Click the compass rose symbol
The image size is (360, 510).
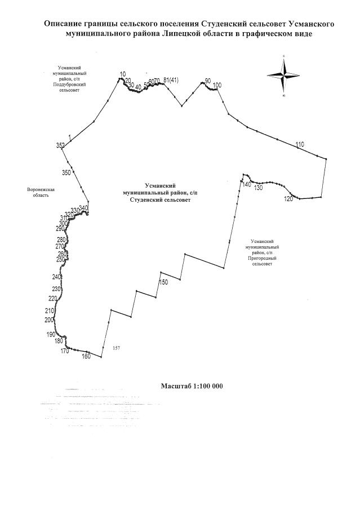[285, 76]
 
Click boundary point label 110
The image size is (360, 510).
[300, 145]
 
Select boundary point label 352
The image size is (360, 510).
[60, 145]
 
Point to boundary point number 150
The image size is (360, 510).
[164, 282]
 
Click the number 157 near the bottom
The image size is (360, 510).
[117, 348]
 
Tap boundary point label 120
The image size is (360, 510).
[288, 199]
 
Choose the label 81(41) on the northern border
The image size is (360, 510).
[171, 80]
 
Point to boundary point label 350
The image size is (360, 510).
[66, 172]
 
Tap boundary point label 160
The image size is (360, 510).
[86, 356]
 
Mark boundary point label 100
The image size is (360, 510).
[217, 85]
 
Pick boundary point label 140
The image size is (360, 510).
[246, 184]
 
